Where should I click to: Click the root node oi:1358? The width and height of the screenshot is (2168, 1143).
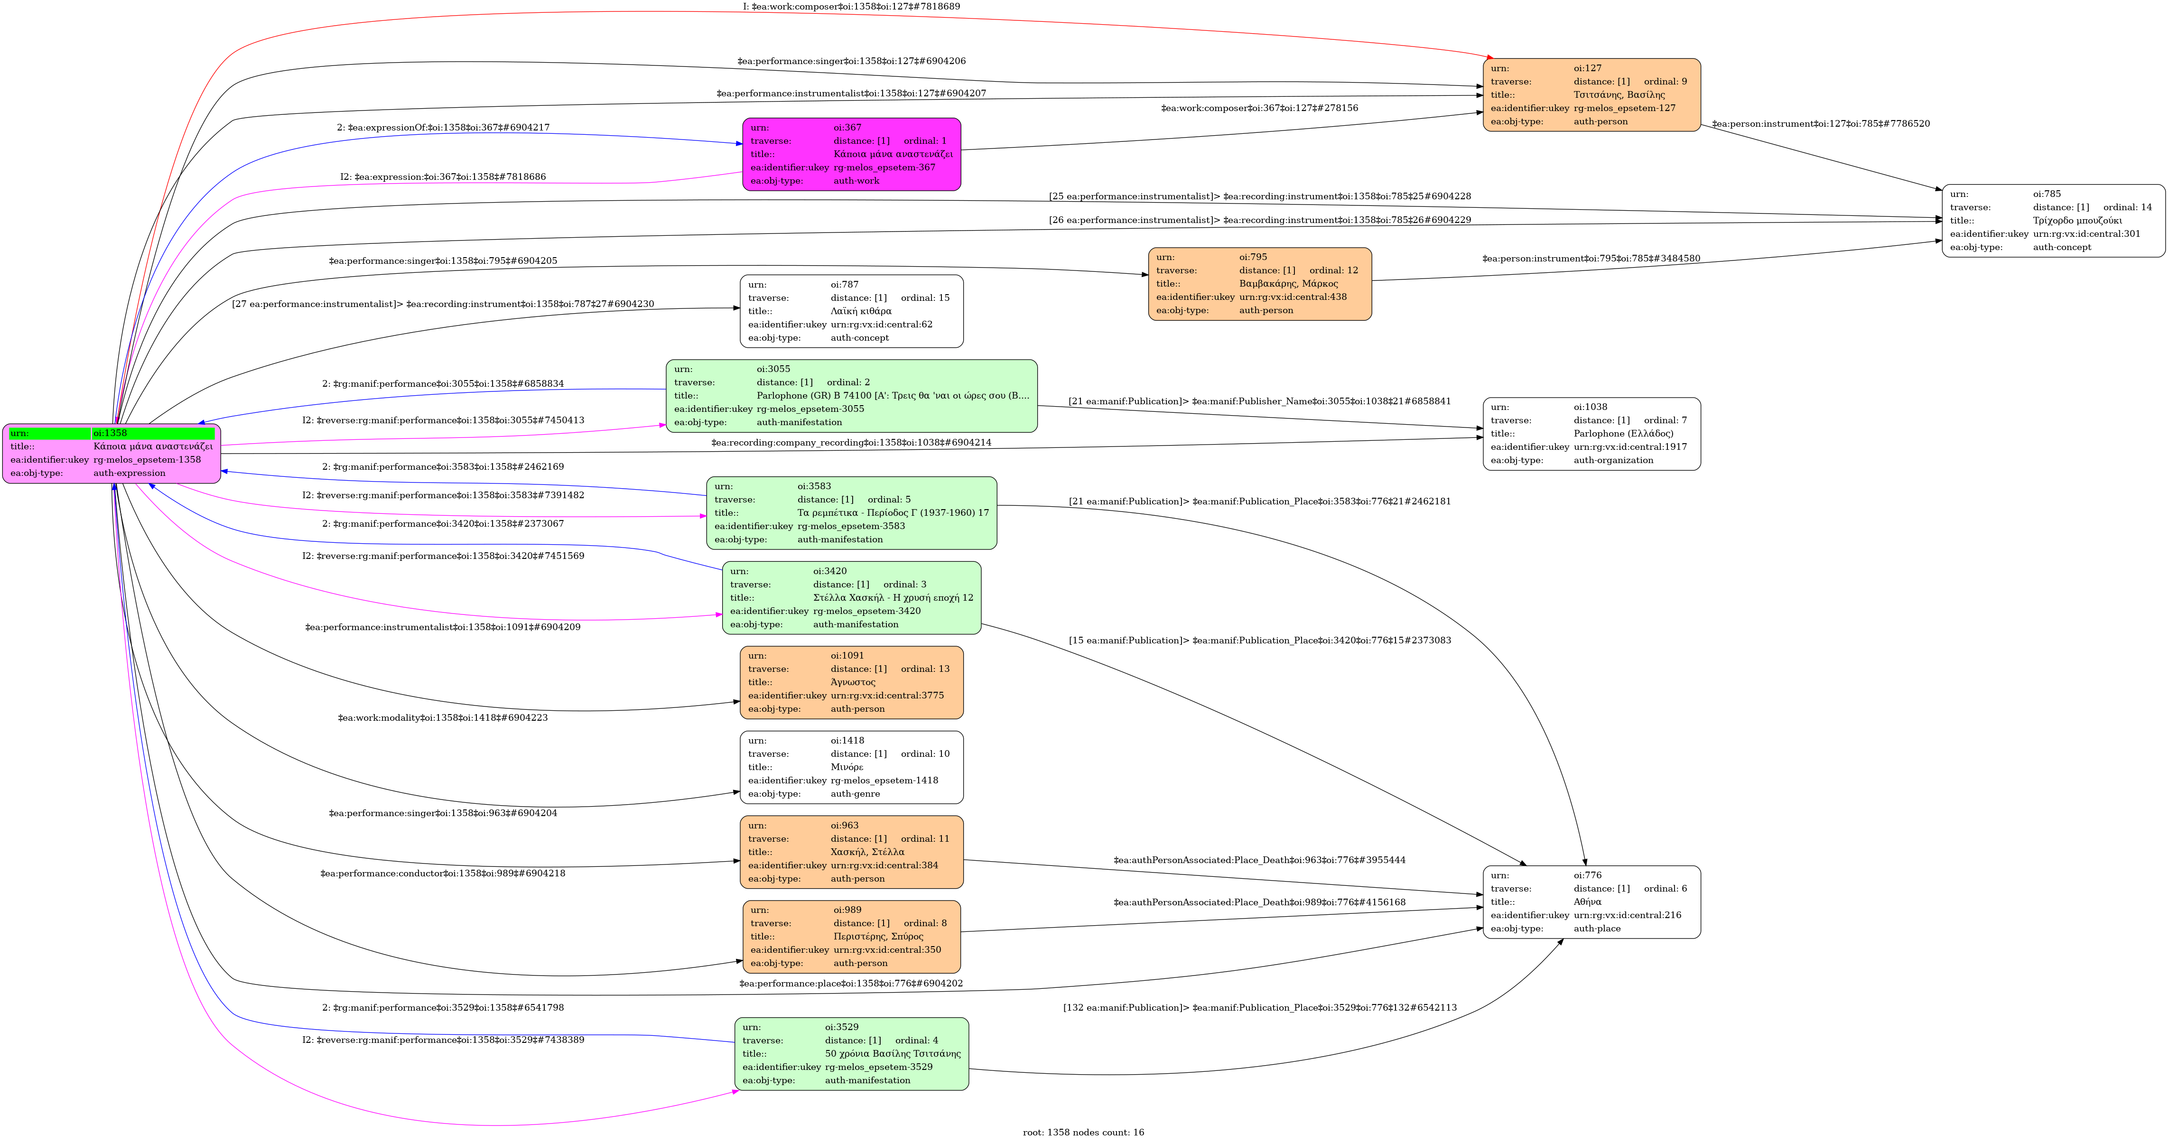[x=112, y=454]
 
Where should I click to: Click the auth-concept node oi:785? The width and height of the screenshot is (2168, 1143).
[x=2053, y=221]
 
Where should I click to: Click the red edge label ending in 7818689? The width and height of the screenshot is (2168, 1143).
[x=851, y=7]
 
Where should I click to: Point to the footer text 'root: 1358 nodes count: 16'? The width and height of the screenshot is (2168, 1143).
[x=1083, y=1132]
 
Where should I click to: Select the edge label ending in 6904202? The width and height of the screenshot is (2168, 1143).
[x=851, y=983]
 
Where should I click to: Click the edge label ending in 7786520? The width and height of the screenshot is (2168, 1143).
[x=1820, y=124]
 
